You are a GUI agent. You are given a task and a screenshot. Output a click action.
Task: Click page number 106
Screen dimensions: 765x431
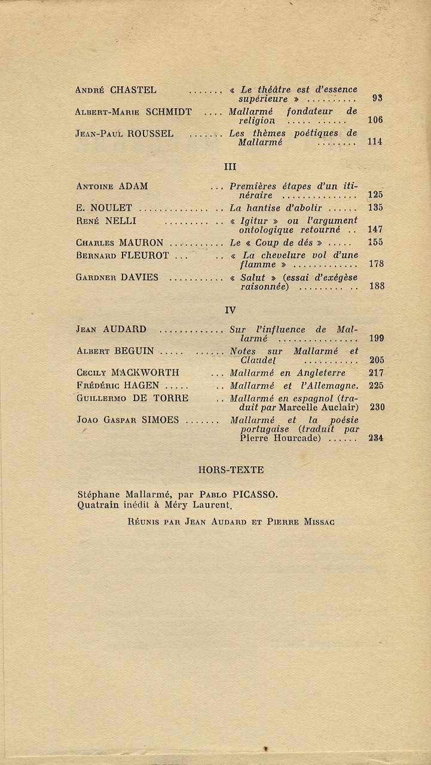pyautogui.click(x=375, y=120)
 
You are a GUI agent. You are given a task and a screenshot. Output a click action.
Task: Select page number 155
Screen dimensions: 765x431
pyautogui.click(x=376, y=243)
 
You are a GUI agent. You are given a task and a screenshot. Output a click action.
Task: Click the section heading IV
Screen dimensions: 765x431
pyautogui.click(x=230, y=310)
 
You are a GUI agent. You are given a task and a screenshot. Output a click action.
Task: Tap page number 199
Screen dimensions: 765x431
pyautogui.click(x=376, y=338)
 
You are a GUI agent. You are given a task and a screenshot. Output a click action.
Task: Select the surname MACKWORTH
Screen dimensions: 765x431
pyautogui.click(x=145, y=373)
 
